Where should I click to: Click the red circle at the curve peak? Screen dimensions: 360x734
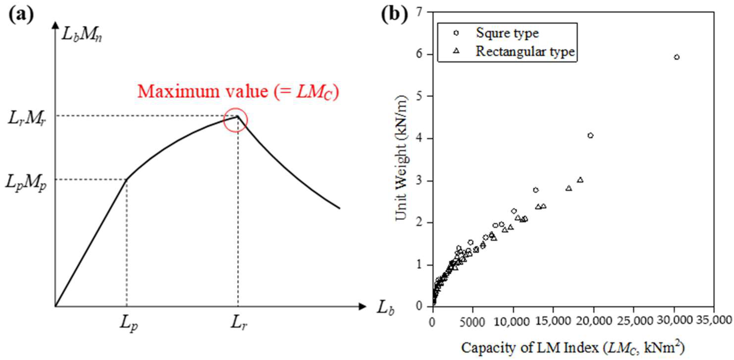click(235, 120)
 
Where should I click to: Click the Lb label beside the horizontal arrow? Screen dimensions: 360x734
click(385, 308)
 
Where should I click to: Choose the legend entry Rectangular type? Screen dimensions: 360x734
click(525, 51)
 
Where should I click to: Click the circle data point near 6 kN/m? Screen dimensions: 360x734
click(677, 57)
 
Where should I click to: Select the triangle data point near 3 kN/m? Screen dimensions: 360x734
click(580, 180)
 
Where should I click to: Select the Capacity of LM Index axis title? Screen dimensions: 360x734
click(573, 348)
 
